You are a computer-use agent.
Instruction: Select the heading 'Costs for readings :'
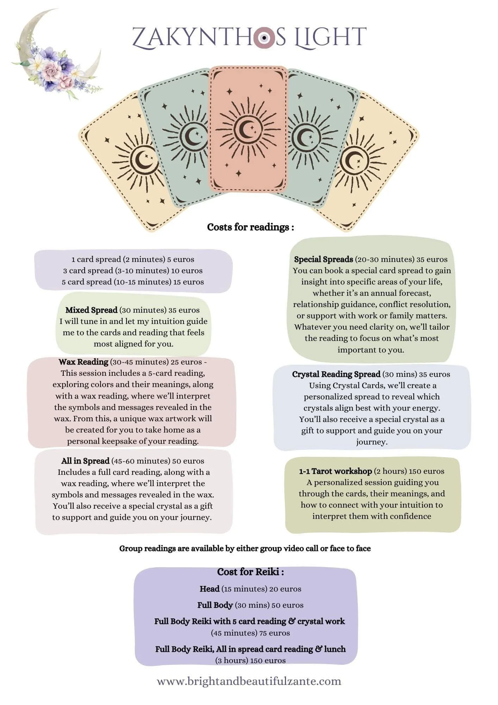250,227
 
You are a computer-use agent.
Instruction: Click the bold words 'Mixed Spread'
91,310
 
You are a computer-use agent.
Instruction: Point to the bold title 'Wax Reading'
83,362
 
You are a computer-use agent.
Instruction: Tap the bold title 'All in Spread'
85,461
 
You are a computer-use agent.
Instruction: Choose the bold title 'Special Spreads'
323,259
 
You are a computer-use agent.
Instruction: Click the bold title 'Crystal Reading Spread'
336,374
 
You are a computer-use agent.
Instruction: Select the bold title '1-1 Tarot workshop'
335,471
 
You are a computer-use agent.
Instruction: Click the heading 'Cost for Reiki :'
250,572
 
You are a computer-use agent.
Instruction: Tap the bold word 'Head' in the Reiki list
209,589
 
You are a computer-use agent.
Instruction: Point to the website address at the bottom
249,681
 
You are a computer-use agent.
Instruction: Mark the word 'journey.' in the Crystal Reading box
372,442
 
